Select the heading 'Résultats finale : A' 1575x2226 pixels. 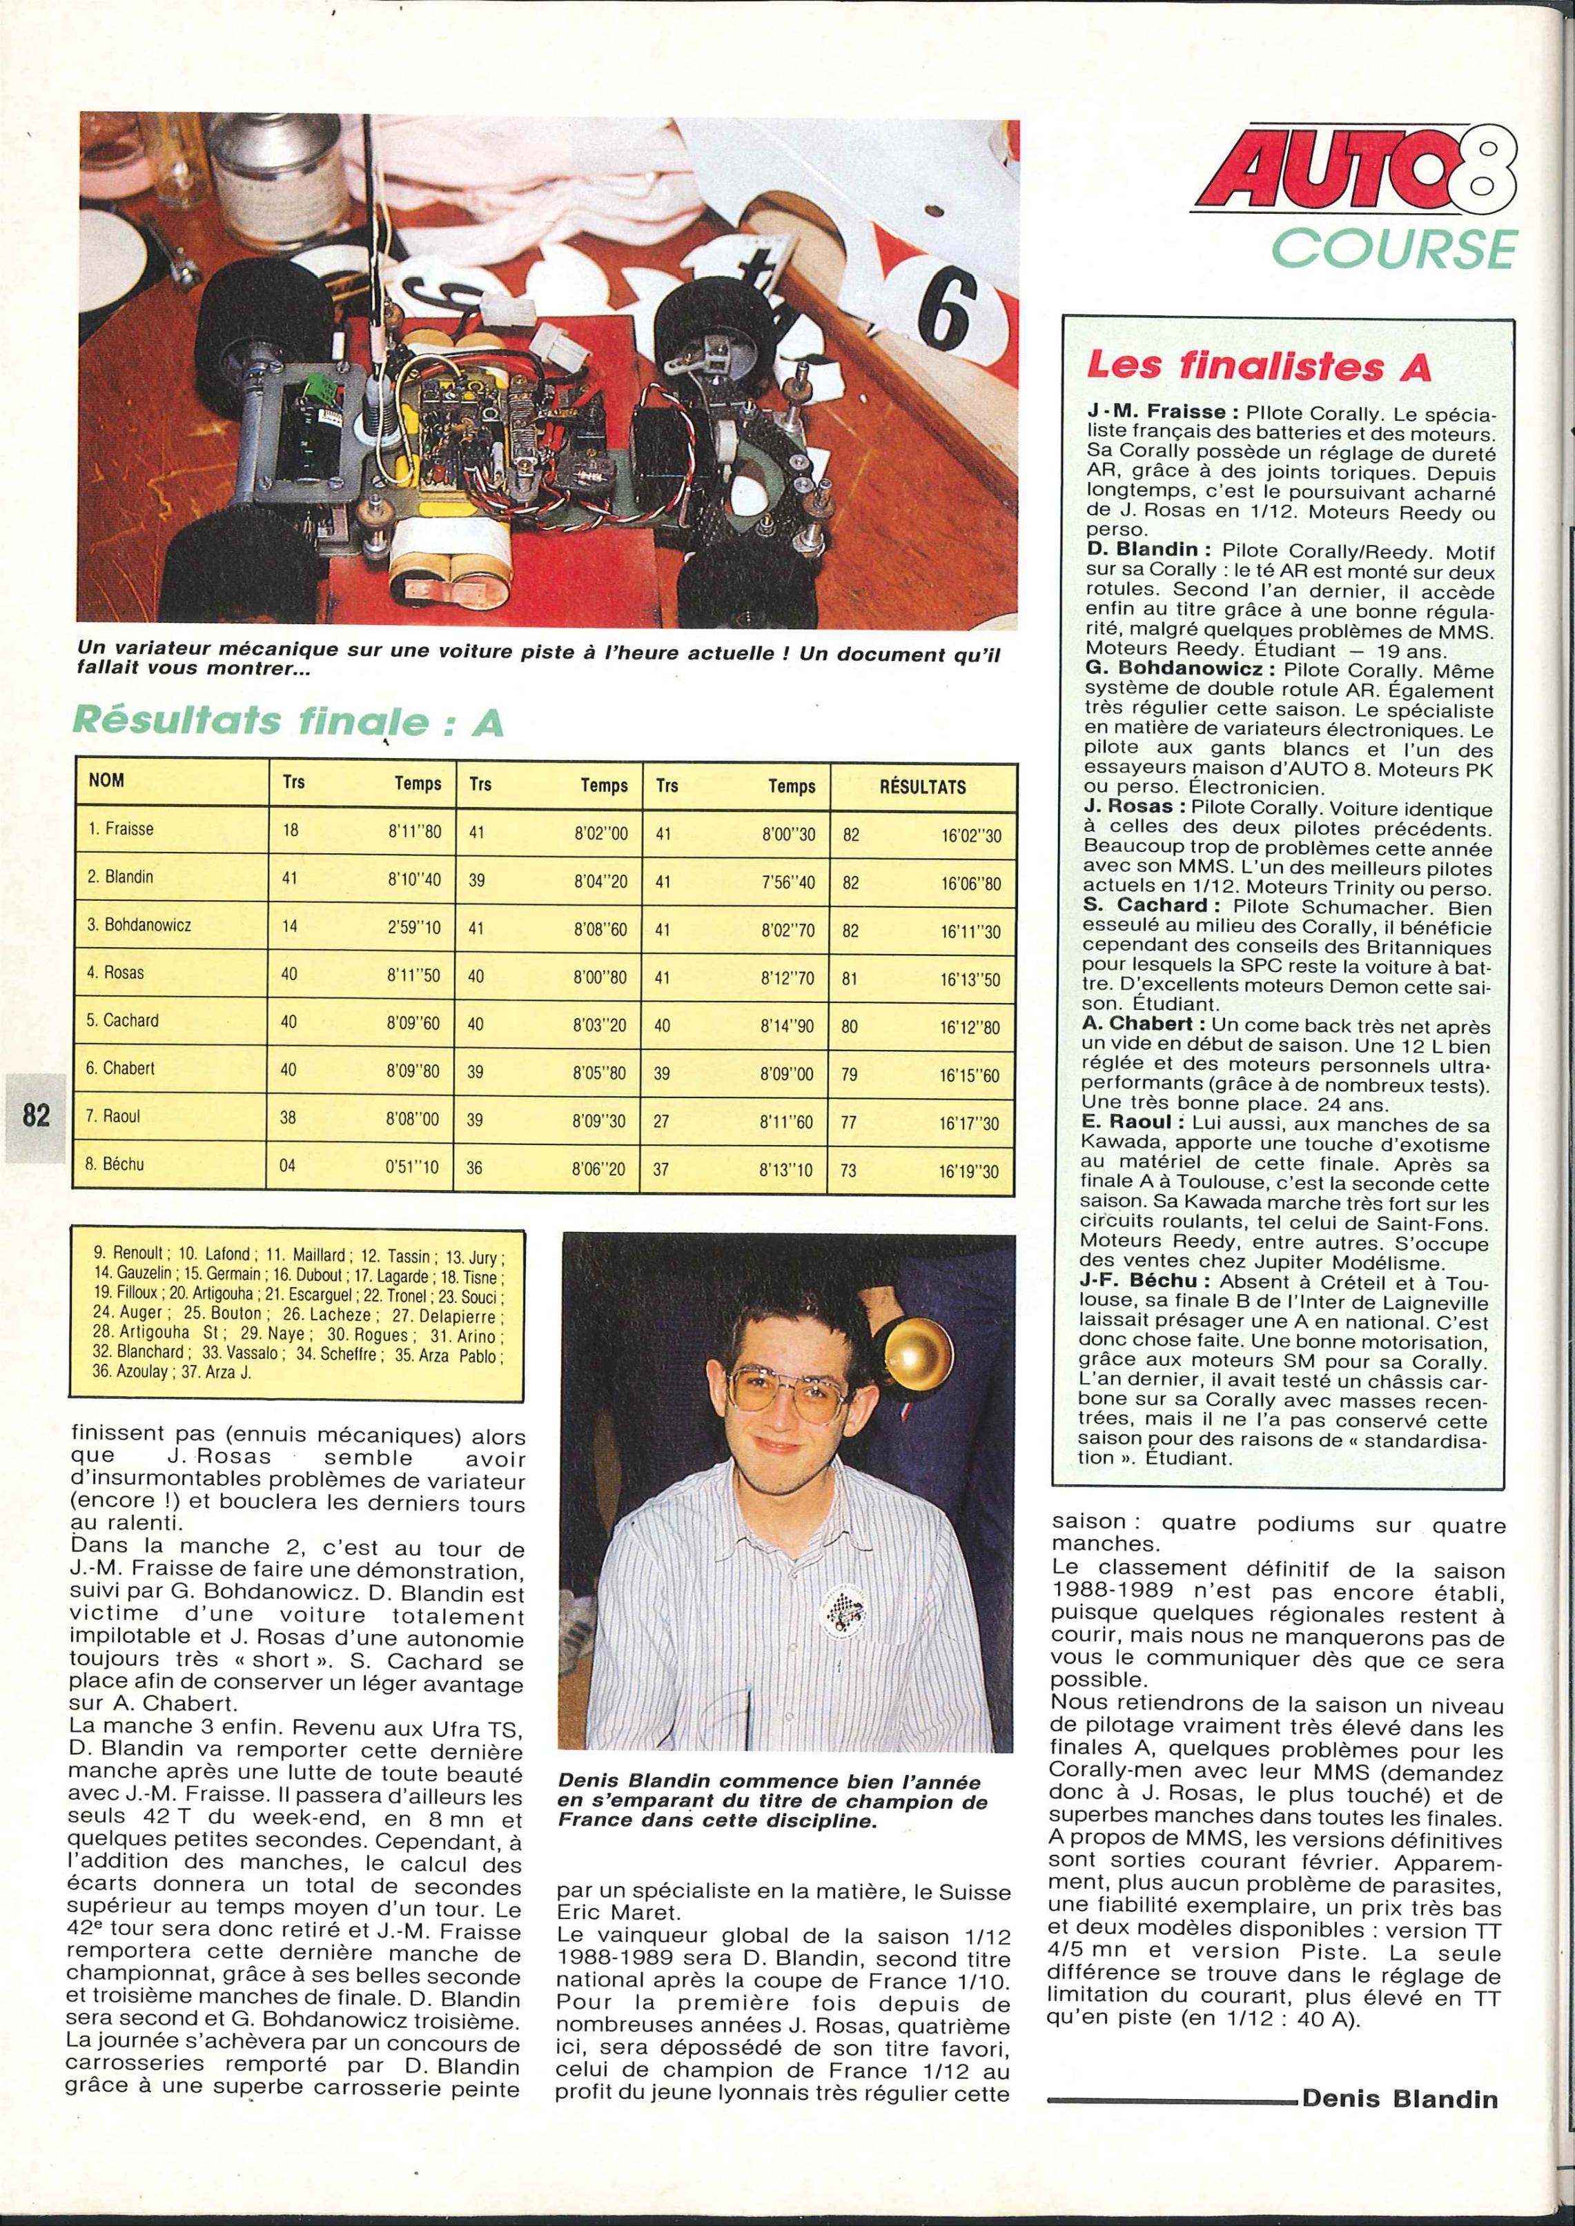pyautogui.click(x=288, y=722)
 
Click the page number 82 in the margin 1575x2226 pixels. pyautogui.click(x=35, y=1115)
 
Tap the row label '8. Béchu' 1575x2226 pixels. pyautogui.click(x=115, y=1164)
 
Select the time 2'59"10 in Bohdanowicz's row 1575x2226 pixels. pyautogui.click(x=414, y=928)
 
